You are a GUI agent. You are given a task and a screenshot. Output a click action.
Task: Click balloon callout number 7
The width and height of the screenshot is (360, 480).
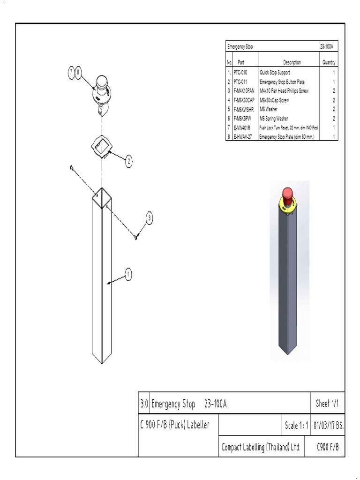(71, 73)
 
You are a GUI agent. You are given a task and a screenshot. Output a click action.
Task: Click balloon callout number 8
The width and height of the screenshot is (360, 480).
(79, 73)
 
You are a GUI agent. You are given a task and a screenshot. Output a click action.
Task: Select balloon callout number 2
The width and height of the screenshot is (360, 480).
(128, 162)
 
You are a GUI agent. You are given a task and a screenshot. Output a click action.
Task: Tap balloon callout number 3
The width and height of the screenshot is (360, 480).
(150, 217)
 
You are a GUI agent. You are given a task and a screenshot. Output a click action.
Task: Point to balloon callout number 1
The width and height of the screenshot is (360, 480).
(128, 274)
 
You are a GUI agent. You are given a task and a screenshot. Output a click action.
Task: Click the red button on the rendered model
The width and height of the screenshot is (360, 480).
(287, 193)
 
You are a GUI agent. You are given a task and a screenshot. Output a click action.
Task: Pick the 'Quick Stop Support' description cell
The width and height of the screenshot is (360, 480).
(275, 73)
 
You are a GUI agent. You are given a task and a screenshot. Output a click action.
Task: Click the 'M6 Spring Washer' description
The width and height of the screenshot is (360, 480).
(274, 119)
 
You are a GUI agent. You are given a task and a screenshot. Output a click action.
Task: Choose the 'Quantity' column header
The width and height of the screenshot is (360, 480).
(329, 62)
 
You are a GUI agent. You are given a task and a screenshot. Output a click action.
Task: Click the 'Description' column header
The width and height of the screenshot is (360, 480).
(292, 62)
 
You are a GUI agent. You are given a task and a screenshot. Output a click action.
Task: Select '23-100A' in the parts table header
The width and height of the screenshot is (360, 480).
(326, 47)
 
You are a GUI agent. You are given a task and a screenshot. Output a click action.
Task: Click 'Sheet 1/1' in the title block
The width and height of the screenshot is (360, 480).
(326, 403)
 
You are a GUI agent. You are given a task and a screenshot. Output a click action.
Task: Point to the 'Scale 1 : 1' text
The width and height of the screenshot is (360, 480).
(296, 426)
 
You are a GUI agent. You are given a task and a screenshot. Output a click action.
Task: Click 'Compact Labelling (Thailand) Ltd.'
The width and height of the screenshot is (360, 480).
(261, 447)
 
